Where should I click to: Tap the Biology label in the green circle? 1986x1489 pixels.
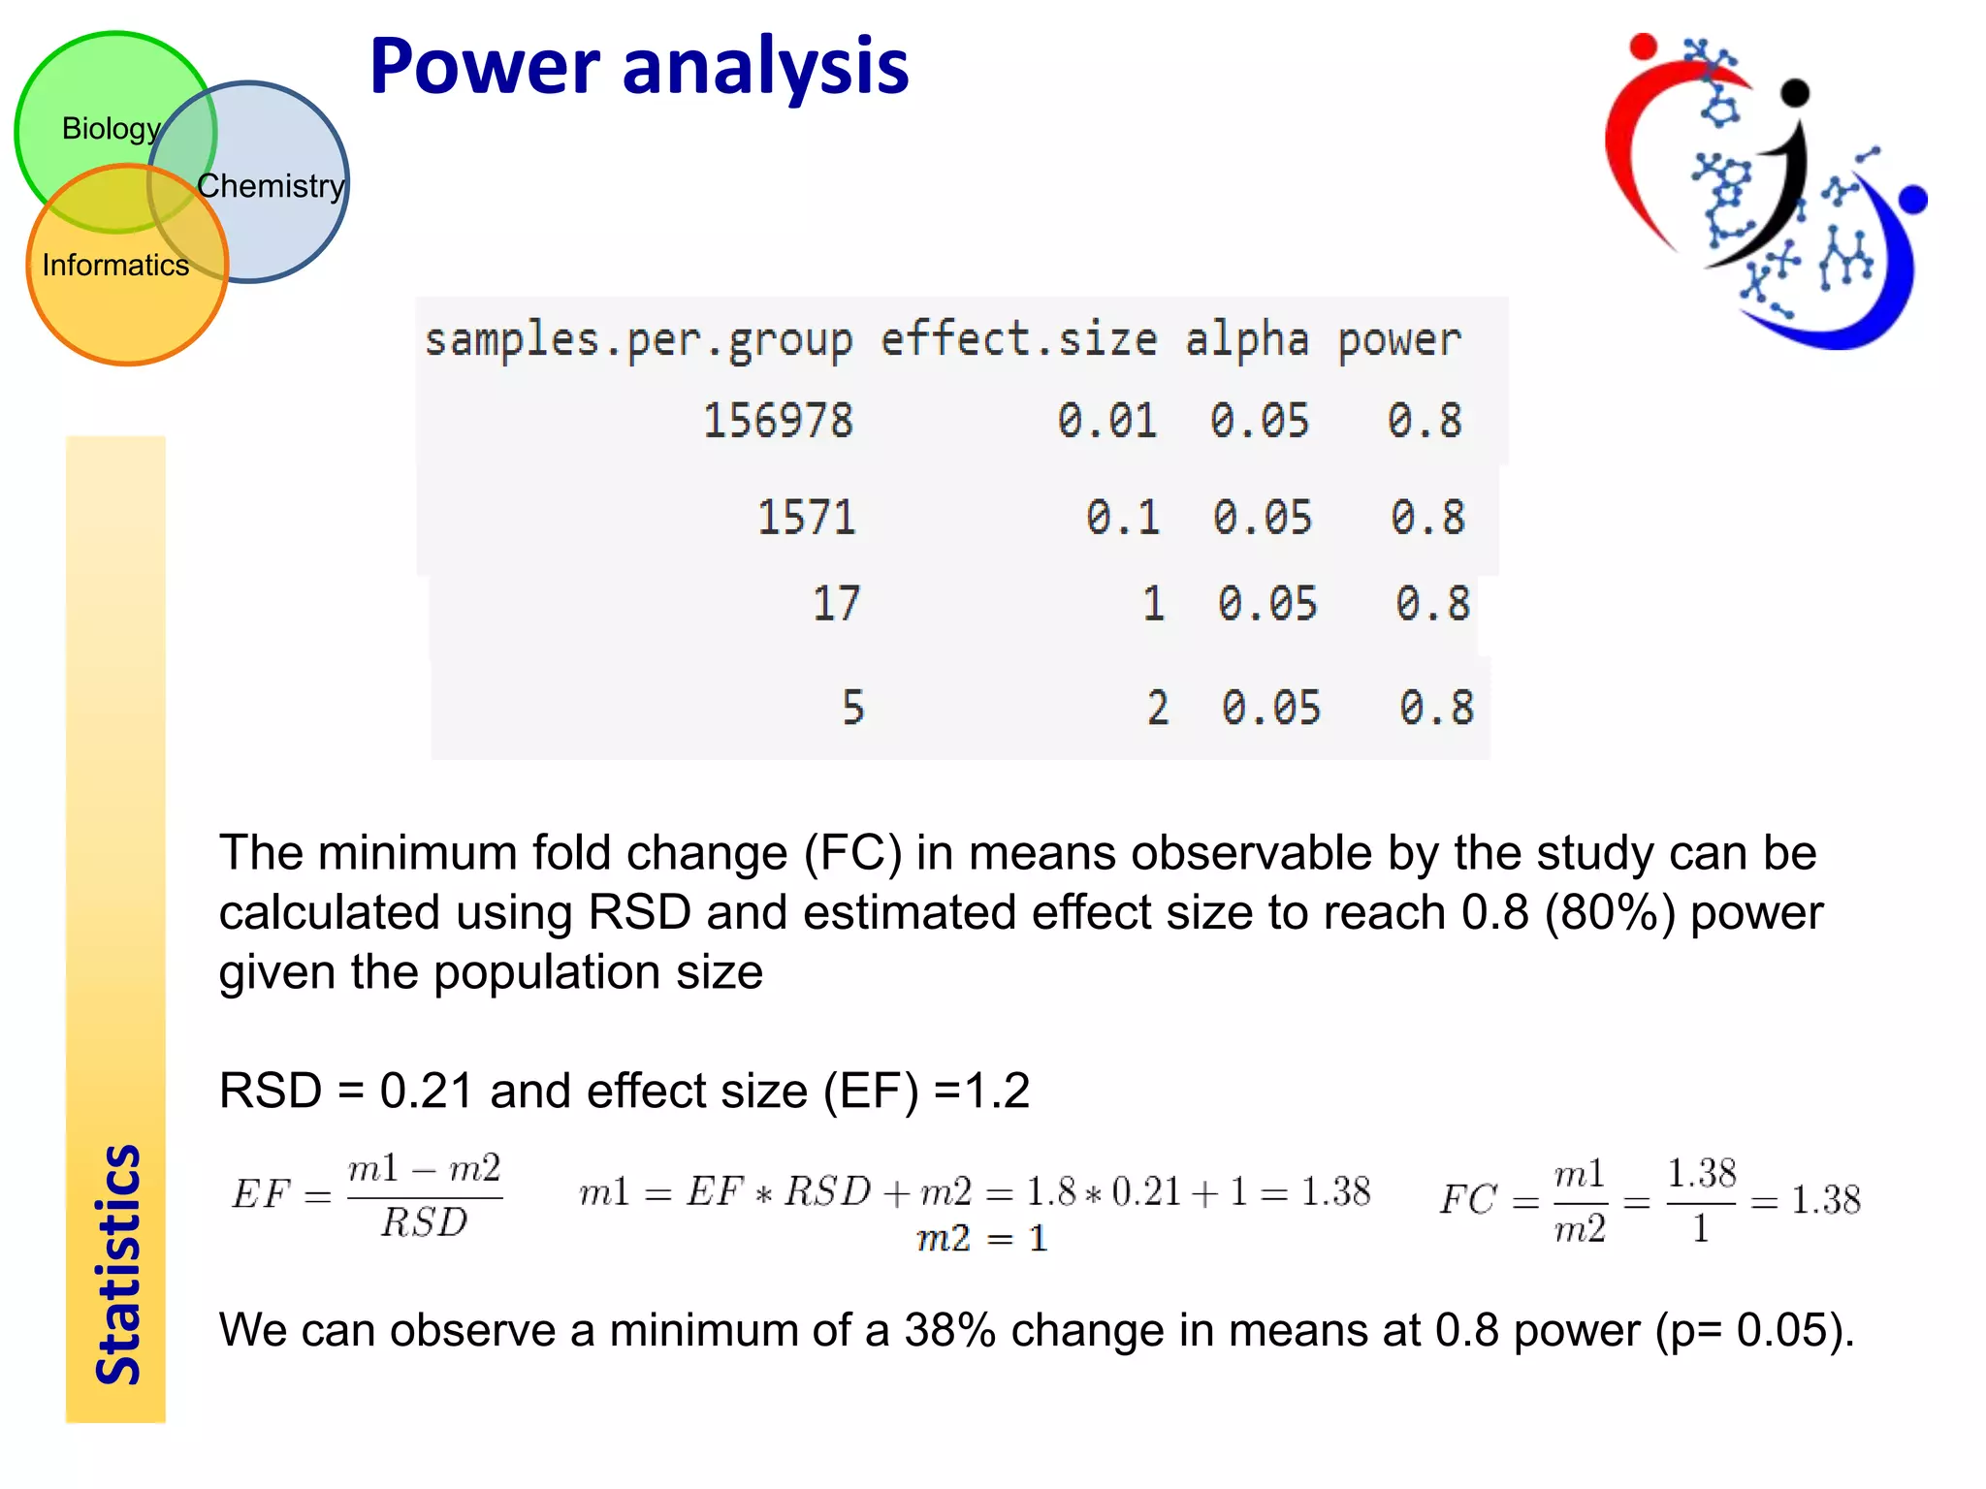pos(111,128)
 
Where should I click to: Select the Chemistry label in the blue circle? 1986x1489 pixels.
pos(271,185)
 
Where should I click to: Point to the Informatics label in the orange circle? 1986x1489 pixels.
pos(115,265)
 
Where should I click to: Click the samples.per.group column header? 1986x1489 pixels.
pos(638,339)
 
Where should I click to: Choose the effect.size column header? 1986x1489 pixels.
pos(1018,339)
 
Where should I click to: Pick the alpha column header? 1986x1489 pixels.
pos(1246,339)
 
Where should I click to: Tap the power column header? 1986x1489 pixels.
pos(1398,339)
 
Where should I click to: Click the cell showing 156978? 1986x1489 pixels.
pos(778,421)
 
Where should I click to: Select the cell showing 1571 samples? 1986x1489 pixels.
pos(806,517)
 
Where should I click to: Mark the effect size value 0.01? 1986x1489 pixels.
pos(1106,421)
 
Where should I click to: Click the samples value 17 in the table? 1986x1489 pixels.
pos(835,603)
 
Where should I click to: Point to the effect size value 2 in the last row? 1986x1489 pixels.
pos(1157,708)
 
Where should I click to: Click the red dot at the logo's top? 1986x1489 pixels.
pos(1643,46)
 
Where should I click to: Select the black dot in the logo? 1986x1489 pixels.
pos(1795,92)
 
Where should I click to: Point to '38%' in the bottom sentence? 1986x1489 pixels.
pos(949,1329)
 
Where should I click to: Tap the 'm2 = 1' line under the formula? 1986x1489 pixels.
pos(981,1238)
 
